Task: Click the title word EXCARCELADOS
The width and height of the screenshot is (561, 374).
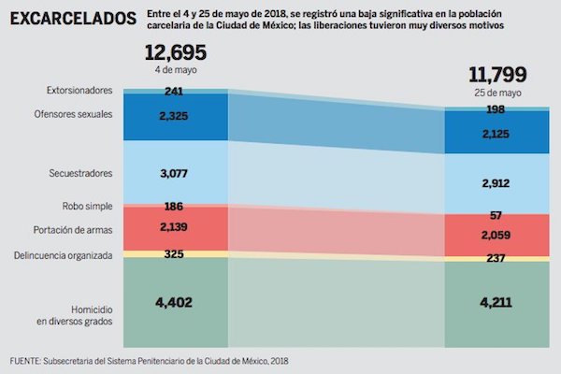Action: click(x=72, y=18)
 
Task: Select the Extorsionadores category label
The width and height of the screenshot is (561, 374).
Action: click(x=79, y=91)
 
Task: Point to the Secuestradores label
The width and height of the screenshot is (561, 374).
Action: click(x=80, y=173)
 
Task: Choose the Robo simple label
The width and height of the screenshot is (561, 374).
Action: click(x=88, y=207)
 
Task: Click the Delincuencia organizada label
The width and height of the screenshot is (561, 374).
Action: click(x=64, y=254)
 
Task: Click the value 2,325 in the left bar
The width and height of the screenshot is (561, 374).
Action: click(x=175, y=115)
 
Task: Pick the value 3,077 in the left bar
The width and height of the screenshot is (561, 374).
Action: click(x=175, y=173)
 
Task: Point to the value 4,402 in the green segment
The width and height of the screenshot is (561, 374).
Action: click(x=175, y=302)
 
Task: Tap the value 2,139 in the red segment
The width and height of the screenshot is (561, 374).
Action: click(x=175, y=227)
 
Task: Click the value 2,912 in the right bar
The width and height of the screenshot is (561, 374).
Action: click(x=496, y=182)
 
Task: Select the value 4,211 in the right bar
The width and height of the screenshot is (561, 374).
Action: click(x=496, y=303)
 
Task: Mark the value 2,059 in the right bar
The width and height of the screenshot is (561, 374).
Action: click(x=496, y=236)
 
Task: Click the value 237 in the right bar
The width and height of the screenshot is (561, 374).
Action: click(x=496, y=259)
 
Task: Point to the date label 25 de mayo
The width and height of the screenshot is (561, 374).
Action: click(x=496, y=93)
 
